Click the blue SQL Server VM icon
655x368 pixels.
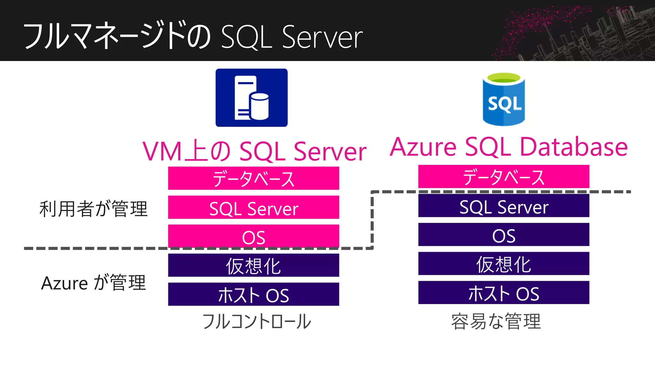(x=251, y=98)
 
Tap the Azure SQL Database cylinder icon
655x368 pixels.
(x=504, y=99)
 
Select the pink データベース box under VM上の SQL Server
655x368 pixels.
(x=254, y=178)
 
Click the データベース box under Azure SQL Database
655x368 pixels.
(x=504, y=177)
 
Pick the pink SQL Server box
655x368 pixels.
(x=254, y=207)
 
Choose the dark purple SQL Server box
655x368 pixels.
(x=504, y=206)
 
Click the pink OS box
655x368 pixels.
(x=254, y=236)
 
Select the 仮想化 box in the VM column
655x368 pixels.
(x=254, y=265)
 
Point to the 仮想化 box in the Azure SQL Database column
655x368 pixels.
(x=504, y=264)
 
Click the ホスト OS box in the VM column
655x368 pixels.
(x=254, y=294)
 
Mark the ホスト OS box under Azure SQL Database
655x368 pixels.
(x=504, y=293)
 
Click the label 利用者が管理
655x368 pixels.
(x=93, y=209)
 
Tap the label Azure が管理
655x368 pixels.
(x=93, y=283)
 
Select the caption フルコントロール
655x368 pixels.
(x=256, y=321)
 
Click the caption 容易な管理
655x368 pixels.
(x=496, y=321)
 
